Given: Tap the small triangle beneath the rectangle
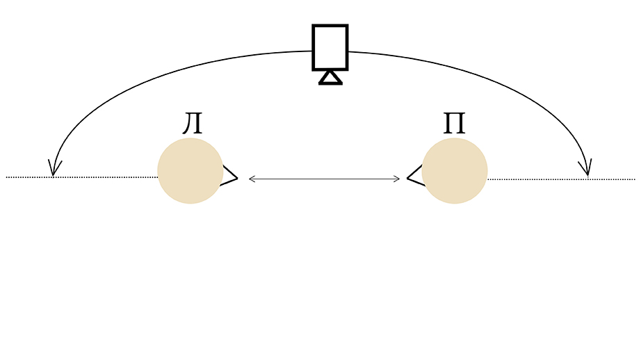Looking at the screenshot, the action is (330, 78).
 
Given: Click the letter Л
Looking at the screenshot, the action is (193, 124).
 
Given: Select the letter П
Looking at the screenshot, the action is (454, 124).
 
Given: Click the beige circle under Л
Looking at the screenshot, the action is (190, 171).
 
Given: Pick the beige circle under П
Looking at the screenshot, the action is (455, 171).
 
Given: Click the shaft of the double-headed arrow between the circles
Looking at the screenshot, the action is (324, 179).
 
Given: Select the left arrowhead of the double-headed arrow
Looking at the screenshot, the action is (252, 179).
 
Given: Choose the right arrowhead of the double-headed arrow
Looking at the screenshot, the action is (396, 179).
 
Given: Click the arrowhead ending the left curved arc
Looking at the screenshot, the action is (54, 168).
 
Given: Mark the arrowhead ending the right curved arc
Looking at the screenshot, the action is (586, 168).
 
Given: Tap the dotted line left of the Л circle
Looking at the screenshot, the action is (82, 177).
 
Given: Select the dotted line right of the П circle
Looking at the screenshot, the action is (561, 179).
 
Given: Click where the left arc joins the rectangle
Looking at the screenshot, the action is (313, 51).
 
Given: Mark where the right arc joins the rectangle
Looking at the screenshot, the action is (348, 51).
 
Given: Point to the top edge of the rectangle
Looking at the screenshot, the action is (330, 25).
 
